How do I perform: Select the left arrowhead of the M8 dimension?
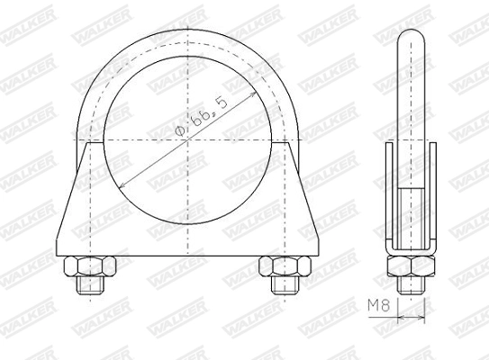pos(399,318)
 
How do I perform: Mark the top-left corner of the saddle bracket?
pos(87,146)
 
